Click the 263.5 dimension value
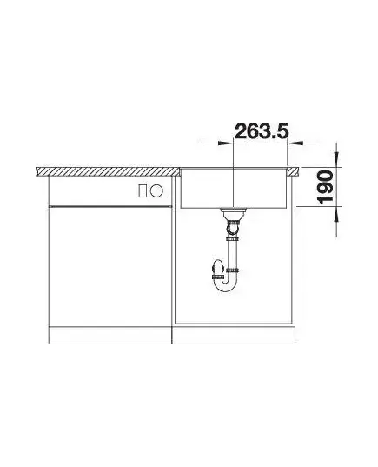click(x=262, y=131)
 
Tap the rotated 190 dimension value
click(x=326, y=187)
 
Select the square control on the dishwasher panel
click(x=143, y=190)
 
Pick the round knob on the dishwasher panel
click(x=156, y=190)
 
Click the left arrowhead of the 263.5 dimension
click(x=225, y=143)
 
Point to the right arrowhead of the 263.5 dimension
click(x=295, y=143)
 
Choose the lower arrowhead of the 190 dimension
click(x=336, y=214)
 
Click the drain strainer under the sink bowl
click(x=233, y=213)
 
